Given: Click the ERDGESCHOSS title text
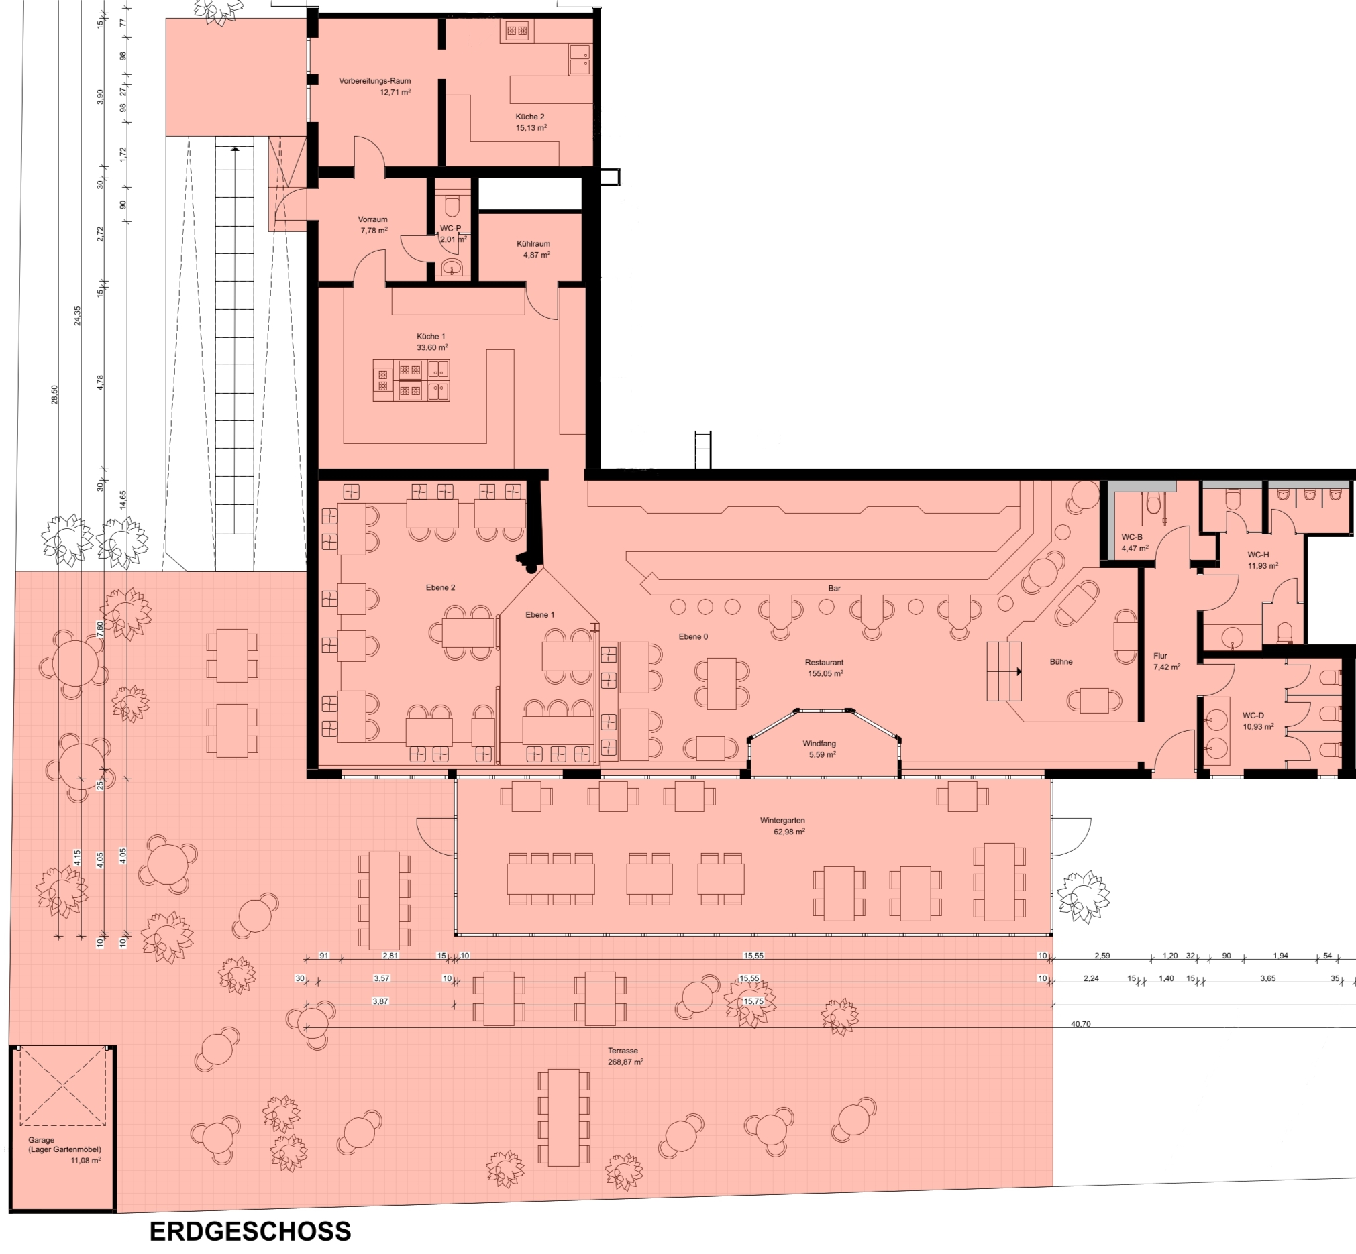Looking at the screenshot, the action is (250, 1231).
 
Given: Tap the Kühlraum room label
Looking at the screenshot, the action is (533, 244).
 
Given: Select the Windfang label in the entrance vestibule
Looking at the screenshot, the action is (819, 744).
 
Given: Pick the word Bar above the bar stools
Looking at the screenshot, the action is (835, 588).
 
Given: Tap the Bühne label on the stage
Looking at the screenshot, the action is (1061, 662).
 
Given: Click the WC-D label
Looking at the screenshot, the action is (1253, 716).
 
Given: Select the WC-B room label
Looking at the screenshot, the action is (1132, 536).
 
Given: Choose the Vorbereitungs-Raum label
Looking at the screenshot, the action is (375, 81).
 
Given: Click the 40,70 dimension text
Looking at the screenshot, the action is (1080, 1024).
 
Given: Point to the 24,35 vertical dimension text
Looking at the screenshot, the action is (77, 316).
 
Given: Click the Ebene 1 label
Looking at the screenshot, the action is (540, 615).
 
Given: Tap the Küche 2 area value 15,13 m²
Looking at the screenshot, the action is (531, 127).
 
